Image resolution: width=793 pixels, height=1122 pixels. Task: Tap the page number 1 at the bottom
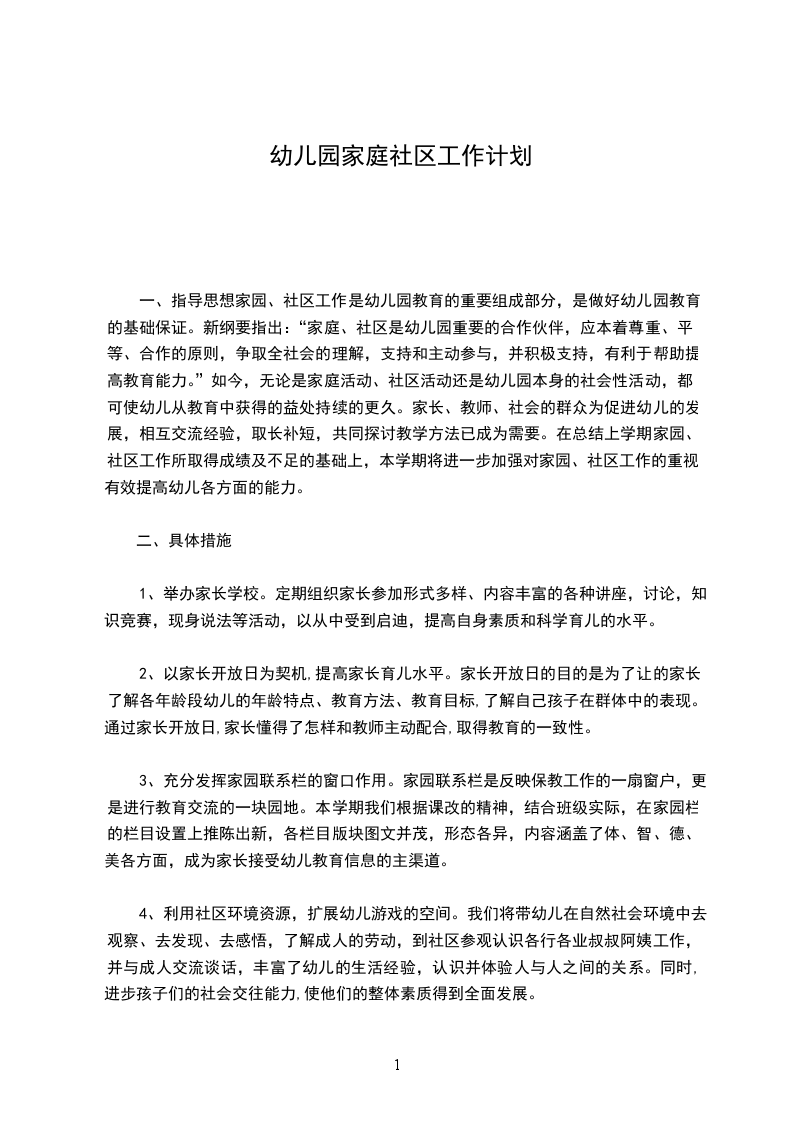(x=398, y=1064)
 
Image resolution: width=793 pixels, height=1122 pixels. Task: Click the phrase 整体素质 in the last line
(x=394, y=994)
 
